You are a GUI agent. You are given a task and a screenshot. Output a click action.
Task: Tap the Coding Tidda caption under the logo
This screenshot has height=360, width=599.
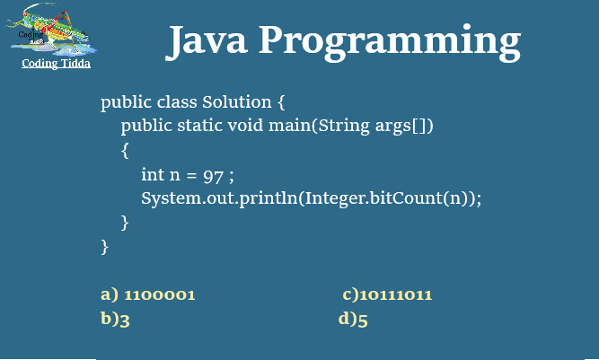tap(56, 64)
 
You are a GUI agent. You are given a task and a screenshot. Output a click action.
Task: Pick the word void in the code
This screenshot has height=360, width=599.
tap(246, 125)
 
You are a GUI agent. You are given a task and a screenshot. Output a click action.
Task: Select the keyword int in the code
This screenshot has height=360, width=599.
tap(152, 173)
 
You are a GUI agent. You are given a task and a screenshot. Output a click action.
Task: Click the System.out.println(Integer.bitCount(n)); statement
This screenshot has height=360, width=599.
tap(311, 198)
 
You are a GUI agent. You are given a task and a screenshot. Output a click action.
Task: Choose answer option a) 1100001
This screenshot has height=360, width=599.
tap(147, 294)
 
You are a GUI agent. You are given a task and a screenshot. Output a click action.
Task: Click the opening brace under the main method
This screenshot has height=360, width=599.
tap(126, 149)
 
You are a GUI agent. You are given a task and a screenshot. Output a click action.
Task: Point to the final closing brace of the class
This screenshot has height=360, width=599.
tap(105, 244)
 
